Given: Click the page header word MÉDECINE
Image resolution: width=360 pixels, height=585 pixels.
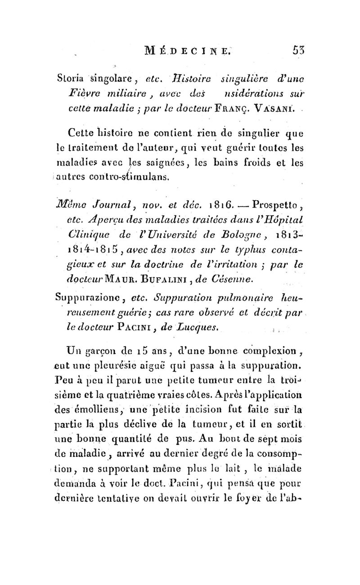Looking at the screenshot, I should tap(205, 47).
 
